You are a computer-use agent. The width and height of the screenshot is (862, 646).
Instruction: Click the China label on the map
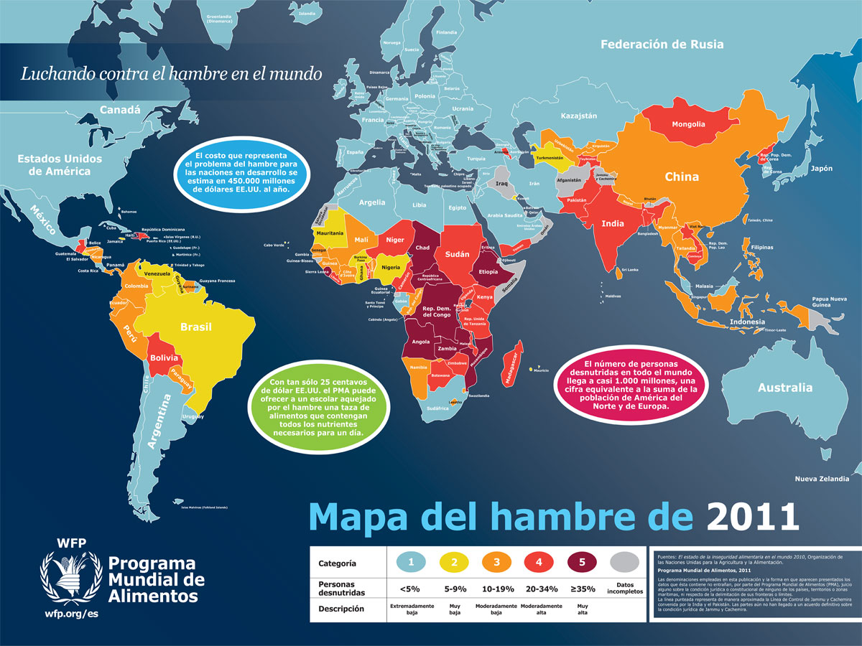click(682, 177)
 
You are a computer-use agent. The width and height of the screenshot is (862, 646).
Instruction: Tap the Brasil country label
click(195, 327)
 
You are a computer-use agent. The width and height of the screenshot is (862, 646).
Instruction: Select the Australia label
click(784, 388)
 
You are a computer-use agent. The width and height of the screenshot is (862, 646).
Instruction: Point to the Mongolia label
click(687, 124)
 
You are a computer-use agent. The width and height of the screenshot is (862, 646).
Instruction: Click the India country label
click(612, 223)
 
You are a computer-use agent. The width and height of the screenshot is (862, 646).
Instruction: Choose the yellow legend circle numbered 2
click(454, 562)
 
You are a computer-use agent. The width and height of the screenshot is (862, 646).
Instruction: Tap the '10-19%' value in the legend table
click(496, 589)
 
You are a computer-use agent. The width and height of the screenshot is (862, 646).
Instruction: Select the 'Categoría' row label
click(337, 563)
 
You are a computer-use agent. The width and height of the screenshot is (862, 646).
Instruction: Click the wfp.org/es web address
click(70, 614)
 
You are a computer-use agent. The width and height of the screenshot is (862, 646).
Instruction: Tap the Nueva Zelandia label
click(822, 479)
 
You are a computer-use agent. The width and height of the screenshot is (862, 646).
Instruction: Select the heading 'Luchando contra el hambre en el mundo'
click(171, 73)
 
